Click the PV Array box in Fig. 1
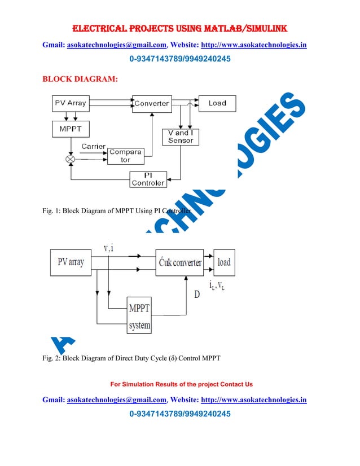(x=69, y=103)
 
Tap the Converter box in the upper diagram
(x=152, y=103)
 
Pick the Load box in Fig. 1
(x=217, y=103)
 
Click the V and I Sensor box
(x=181, y=137)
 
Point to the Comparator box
(x=125, y=156)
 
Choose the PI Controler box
(x=148, y=179)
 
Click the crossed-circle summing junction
(x=71, y=160)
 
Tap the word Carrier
(x=93, y=146)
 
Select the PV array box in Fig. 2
(x=71, y=262)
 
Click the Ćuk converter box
(x=179, y=262)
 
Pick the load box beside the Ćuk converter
(x=224, y=262)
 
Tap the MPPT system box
(x=140, y=316)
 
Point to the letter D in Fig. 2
(x=197, y=294)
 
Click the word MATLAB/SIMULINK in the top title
(x=240, y=27)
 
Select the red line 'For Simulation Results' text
(x=181, y=384)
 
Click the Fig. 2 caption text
(x=131, y=358)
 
